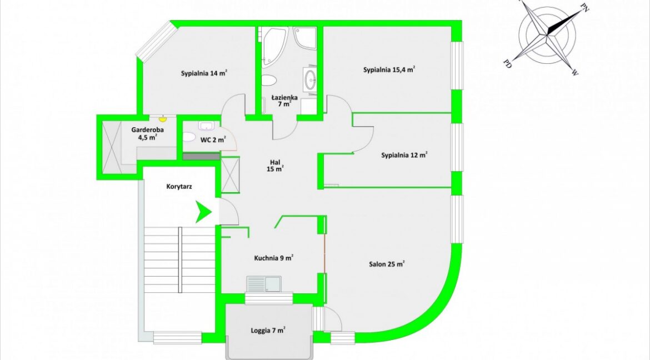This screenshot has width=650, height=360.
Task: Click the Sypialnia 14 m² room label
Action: click(203, 73)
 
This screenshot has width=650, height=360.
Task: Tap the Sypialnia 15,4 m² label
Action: click(389, 69)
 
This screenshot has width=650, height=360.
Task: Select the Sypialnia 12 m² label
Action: click(404, 155)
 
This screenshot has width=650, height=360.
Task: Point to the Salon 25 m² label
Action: click(386, 264)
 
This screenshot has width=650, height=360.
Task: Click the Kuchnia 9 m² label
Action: click(273, 258)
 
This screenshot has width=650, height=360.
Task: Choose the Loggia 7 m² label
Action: click(268, 331)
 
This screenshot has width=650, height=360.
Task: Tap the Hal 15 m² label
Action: click(276, 166)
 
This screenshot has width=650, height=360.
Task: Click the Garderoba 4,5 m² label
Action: click(148, 133)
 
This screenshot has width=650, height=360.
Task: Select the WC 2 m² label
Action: click(213, 140)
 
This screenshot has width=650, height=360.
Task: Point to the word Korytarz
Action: click(179, 187)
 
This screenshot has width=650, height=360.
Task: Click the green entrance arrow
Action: click(203, 212)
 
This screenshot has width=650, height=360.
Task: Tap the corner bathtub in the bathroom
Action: click(273, 46)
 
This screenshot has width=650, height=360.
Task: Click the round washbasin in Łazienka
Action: click(311, 79)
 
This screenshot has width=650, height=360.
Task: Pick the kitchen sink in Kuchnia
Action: click(264, 284)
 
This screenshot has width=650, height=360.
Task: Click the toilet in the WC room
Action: click(189, 137)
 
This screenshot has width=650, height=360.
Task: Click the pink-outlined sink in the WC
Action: click(206, 126)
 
